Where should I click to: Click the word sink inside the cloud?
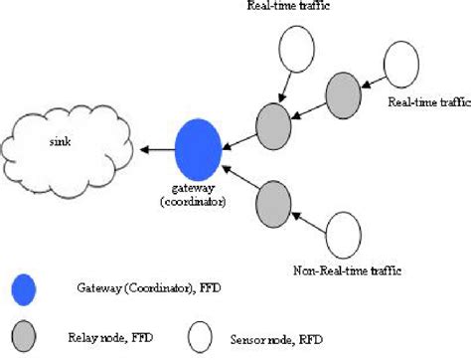tap(63, 141)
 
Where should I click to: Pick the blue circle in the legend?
tap(23, 288)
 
